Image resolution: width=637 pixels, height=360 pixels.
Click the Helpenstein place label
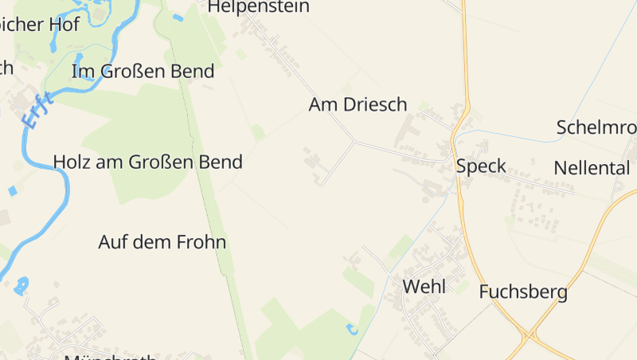[258, 7]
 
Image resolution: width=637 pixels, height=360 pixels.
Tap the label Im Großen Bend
[143, 72]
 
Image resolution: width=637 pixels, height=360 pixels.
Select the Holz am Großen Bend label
[147, 162]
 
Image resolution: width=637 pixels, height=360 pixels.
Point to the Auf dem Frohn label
[162, 242]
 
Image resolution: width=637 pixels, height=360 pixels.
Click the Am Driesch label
[358, 104]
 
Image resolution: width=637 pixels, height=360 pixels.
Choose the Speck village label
[481, 166]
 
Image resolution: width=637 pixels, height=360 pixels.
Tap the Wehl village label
[424, 287]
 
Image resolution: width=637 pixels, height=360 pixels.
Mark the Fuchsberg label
[523, 292]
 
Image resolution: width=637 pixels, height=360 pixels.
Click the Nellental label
[592, 168]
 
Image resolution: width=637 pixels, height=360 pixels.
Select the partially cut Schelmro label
[596, 127]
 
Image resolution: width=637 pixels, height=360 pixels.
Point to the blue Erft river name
[37, 111]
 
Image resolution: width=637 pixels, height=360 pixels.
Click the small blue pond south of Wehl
[352, 328]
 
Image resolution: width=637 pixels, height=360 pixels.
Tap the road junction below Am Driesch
[354, 142]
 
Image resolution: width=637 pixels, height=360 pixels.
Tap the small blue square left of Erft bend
[12, 191]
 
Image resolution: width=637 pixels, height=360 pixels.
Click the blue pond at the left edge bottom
[21, 284]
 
